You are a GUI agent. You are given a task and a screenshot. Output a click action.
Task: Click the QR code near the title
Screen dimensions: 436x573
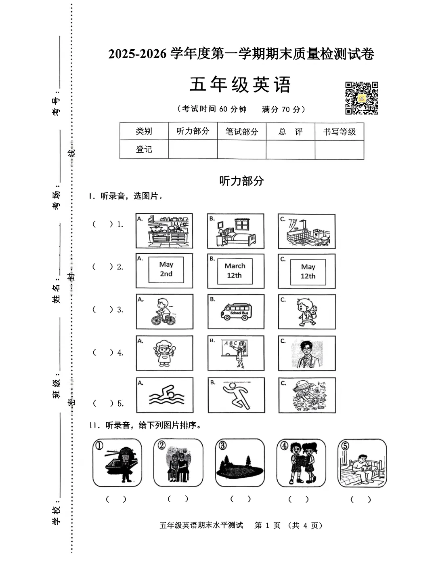click(x=361, y=98)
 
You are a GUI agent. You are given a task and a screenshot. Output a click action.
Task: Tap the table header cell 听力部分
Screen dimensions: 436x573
click(x=193, y=131)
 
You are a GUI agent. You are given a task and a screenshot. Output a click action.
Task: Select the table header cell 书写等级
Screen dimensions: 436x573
click(x=339, y=132)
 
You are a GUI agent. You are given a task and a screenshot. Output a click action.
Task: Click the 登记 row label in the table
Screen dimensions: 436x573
click(x=144, y=150)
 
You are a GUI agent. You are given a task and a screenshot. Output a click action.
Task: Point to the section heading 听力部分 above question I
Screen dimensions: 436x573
click(x=241, y=181)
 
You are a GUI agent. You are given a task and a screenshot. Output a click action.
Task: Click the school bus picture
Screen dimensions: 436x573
click(x=236, y=312)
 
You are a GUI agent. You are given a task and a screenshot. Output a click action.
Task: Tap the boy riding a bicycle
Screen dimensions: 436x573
click(x=164, y=312)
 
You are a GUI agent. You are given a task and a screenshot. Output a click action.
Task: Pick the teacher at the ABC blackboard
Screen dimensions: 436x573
click(x=236, y=353)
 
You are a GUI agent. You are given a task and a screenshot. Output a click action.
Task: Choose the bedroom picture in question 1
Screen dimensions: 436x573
click(x=236, y=231)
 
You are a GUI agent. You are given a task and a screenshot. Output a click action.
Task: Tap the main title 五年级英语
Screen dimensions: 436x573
click(x=241, y=85)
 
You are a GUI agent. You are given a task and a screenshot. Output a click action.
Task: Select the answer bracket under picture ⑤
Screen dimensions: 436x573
click(x=361, y=499)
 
